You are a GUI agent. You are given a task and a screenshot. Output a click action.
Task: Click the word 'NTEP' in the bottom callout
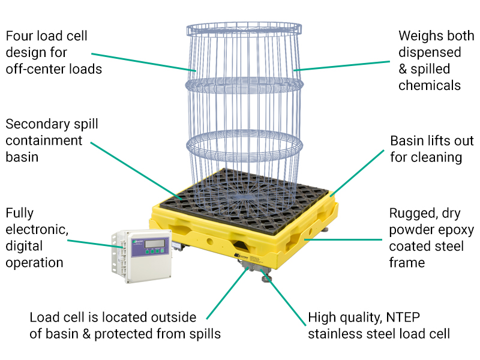pos(403,317)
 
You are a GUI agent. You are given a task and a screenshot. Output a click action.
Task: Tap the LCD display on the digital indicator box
pos(155,244)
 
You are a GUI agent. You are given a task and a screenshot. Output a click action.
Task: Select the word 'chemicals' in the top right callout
pos(430,85)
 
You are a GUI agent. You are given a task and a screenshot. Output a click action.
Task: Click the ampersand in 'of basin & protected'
pos(86,334)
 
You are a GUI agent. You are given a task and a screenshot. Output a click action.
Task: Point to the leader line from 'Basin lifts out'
pos(357,173)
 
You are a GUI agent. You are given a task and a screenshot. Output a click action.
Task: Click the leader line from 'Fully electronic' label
pos(95,244)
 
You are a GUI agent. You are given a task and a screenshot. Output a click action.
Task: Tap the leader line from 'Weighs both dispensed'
pos(341,66)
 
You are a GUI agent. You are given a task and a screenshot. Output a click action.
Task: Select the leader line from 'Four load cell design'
pos(143,62)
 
